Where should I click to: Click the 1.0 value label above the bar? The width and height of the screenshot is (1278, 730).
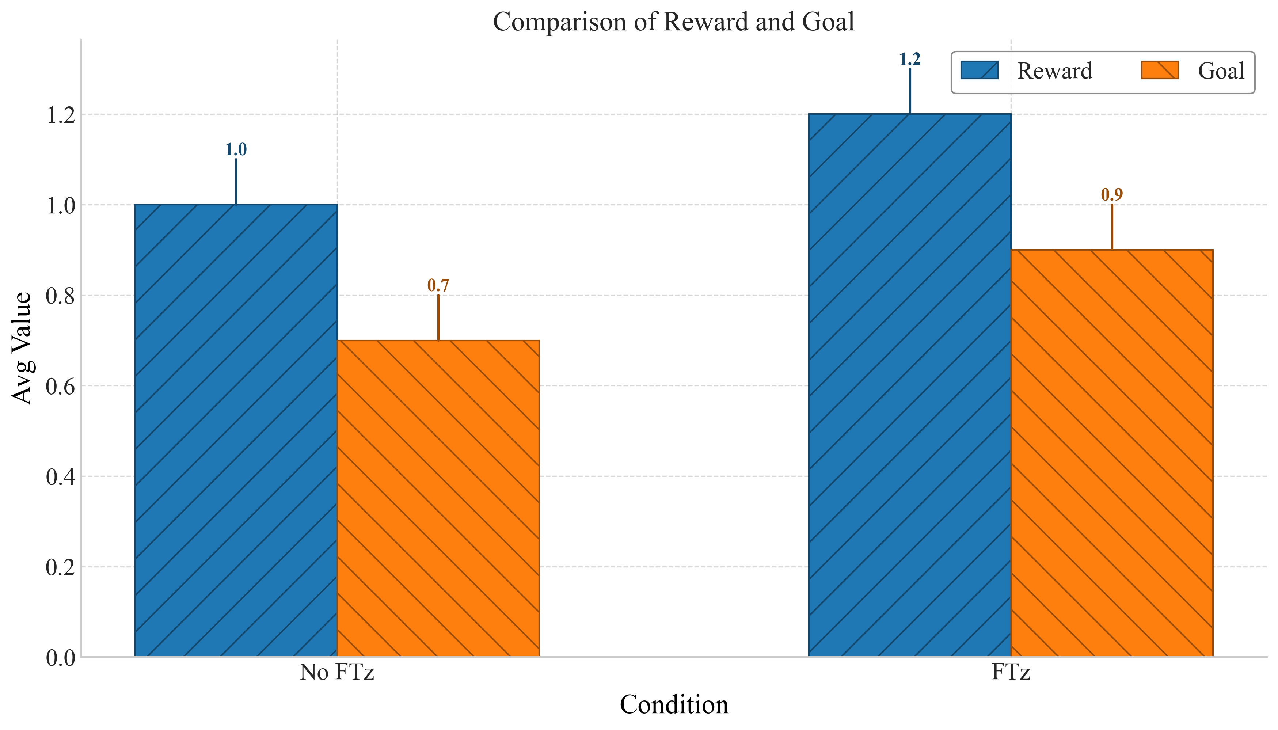[236, 149]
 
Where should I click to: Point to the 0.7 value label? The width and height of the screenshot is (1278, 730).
[438, 285]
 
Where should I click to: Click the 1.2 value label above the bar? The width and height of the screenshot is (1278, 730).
[909, 59]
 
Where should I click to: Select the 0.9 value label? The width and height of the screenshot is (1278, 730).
[1111, 194]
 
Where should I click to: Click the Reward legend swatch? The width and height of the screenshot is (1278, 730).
[979, 70]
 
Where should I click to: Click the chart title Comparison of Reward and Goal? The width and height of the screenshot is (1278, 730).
[673, 22]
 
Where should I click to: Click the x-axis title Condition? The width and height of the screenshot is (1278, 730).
[673, 704]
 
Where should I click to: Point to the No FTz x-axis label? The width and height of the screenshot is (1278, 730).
[337, 672]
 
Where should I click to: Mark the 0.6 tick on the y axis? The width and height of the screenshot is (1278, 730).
[60, 386]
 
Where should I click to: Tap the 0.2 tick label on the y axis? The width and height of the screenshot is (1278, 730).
[60, 567]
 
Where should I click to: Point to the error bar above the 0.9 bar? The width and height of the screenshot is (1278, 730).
[1111, 227]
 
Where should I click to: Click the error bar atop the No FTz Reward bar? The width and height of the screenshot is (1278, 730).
[236, 182]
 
